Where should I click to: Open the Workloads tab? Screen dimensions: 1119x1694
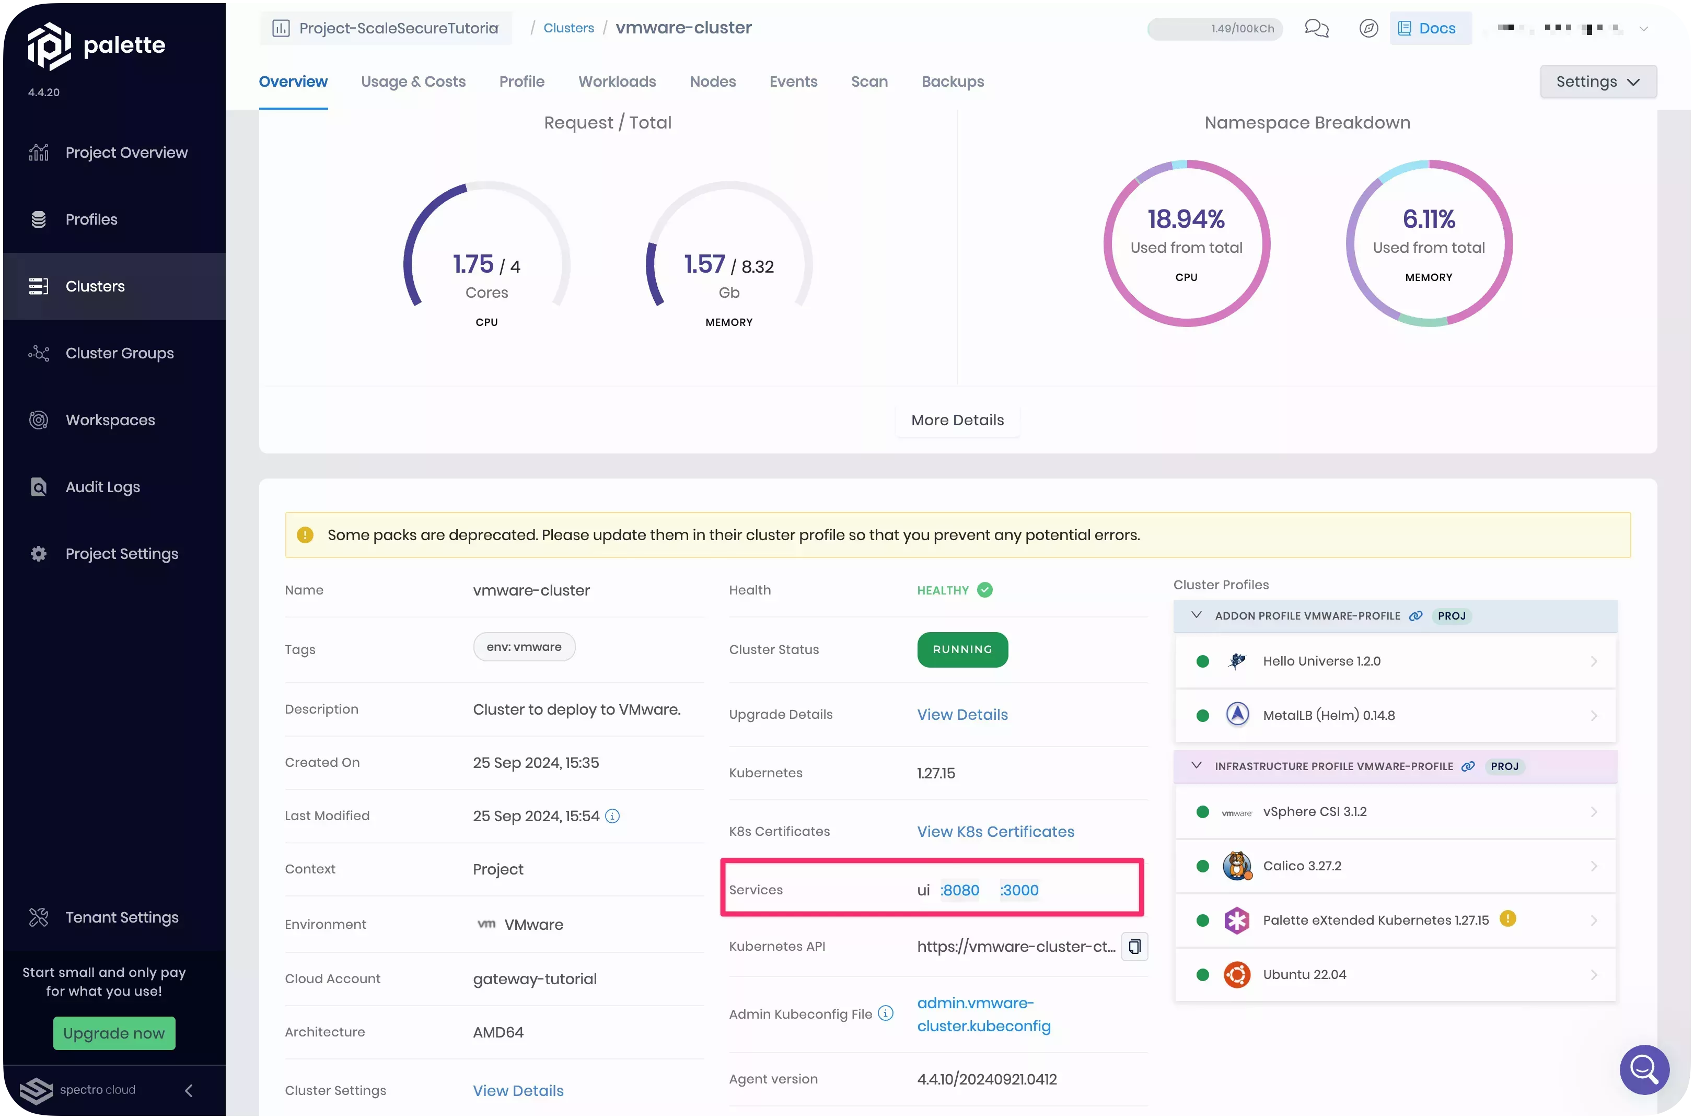(617, 81)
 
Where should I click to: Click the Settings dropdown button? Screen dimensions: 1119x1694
(1598, 81)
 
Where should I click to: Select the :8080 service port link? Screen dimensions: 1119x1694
(960, 890)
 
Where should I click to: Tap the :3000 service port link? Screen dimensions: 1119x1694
(1019, 890)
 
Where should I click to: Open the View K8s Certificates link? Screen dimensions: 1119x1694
(995, 831)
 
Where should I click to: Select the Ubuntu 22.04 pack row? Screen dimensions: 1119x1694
(1395, 975)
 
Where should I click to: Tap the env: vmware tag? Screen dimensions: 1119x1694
(524, 647)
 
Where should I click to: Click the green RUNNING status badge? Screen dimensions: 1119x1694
(962, 649)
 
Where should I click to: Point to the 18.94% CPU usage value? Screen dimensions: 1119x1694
(1186, 219)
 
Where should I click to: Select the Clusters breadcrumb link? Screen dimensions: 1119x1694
(568, 28)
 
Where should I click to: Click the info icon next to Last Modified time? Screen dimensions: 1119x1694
(612, 815)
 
